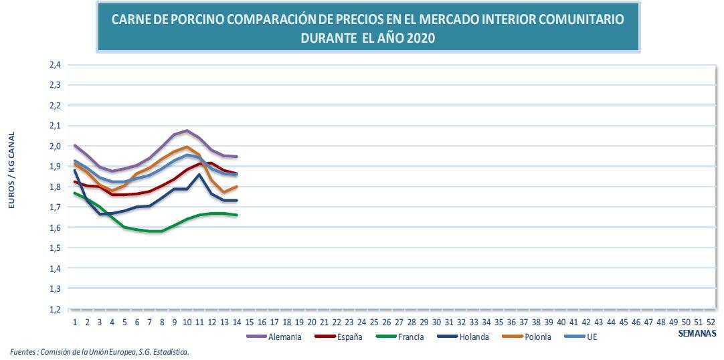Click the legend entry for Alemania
tap(284, 337)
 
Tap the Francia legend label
tap(409, 337)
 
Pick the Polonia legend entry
tap(537, 337)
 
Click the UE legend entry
tap(591, 337)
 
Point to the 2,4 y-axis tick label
tap(55, 65)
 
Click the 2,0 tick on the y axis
tap(55, 146)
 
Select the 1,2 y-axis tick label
tap(55, 309)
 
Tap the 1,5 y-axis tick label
tap(55, 248)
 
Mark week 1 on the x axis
tap(75, 322)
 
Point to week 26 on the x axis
tap(387, 322)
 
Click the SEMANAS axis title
tap(697, 333)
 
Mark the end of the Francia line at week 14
tap(236, 215)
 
